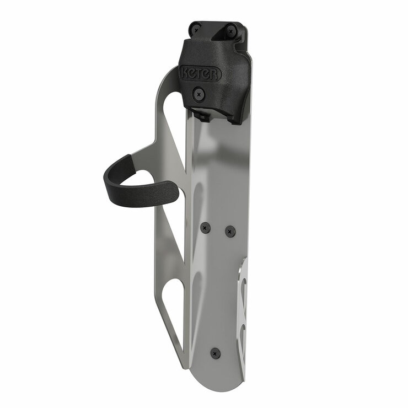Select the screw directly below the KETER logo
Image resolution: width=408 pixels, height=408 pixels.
(200, 94)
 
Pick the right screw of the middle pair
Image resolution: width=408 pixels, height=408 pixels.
(230, 231)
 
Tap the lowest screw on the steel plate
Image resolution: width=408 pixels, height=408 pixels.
(216, 352)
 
